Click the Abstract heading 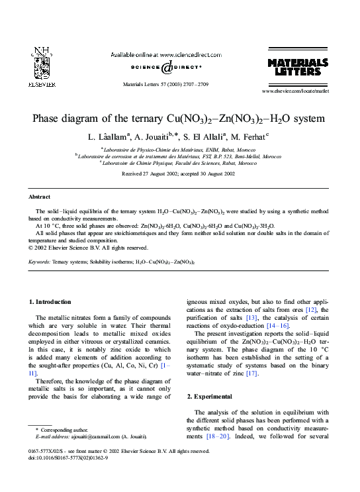[39, 197]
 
